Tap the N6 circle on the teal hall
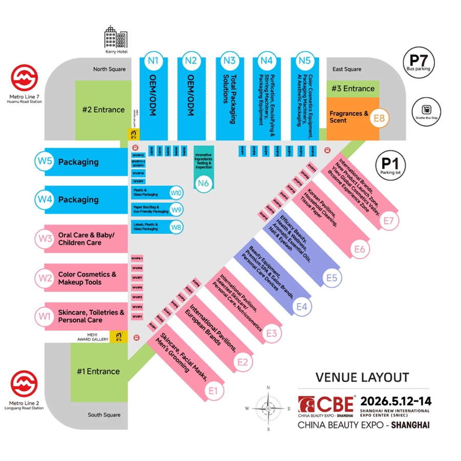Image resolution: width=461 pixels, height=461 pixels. click(203, 183)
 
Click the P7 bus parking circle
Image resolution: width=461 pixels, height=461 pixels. click(418, 61)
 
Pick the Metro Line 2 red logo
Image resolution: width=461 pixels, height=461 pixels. click(25, 384)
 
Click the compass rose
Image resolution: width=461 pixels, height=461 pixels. click(268, 408)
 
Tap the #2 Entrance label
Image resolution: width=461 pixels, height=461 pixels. click(103, 109)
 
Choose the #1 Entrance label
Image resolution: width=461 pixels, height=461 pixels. click(98, 371)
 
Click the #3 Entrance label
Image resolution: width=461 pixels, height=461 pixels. click(353, 88)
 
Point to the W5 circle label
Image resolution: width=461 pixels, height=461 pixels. click(44, 162)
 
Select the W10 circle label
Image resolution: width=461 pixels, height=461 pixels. click(176, 193)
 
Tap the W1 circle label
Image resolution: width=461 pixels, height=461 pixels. click(44, 316)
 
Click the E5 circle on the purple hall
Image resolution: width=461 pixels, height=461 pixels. click(332, 278)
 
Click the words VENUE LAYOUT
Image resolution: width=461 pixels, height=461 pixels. click(362, 378)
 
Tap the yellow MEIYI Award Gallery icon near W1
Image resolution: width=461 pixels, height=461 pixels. click(119, 336)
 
